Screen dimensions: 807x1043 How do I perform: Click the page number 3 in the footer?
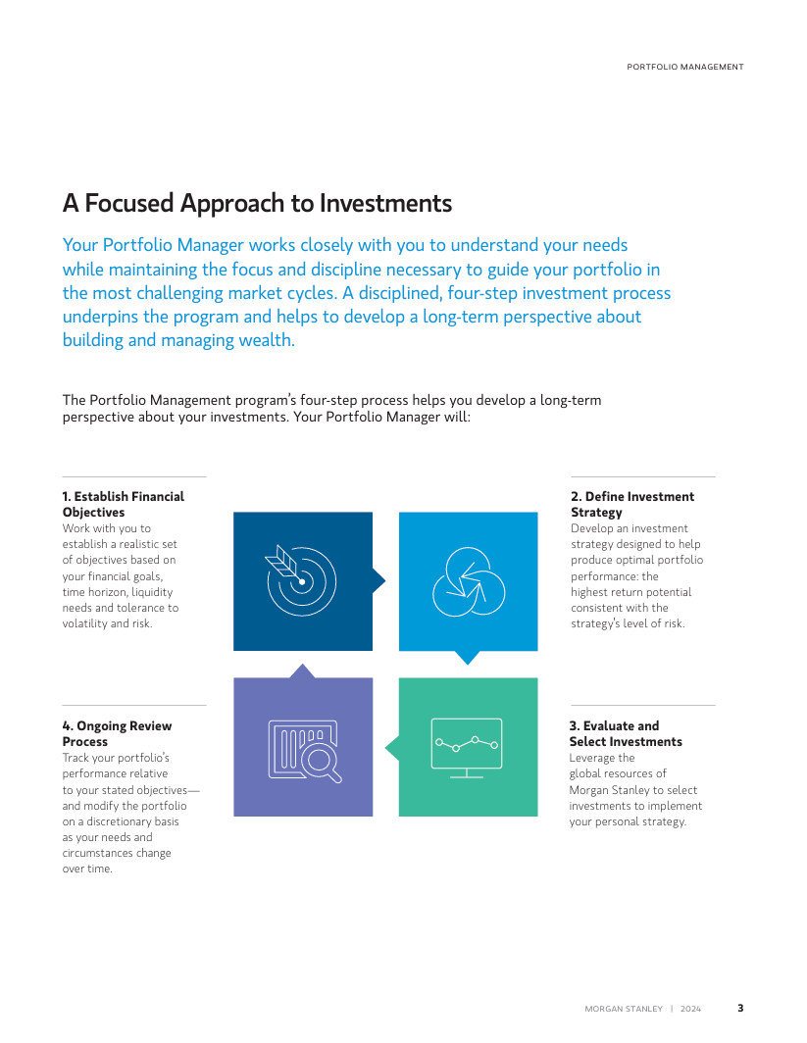coord(740,1008)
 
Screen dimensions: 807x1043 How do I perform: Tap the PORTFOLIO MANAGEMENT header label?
coord(685,67)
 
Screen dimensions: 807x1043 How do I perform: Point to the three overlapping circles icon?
coord(469,581)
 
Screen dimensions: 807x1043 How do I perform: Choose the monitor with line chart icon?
coord(467,748)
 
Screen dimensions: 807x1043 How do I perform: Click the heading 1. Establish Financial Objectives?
coord(124,504)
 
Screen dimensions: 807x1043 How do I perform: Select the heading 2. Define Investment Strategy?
coord(632,504)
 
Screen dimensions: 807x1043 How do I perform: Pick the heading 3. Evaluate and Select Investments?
coord(626,733)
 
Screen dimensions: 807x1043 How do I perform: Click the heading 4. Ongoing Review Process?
coord(117,733)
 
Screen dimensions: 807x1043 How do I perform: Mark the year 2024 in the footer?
coord(690,1009)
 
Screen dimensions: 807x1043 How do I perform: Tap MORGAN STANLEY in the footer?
coord(624,1009)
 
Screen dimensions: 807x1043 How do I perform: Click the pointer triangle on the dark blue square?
coord(378,580)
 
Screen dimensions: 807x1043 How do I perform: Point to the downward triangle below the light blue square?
coord(468,657)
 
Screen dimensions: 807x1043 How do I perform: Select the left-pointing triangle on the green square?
coord(392,748)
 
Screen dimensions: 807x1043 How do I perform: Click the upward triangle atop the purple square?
coord(303,670)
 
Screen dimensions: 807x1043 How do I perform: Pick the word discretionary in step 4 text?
coord(119,821)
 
